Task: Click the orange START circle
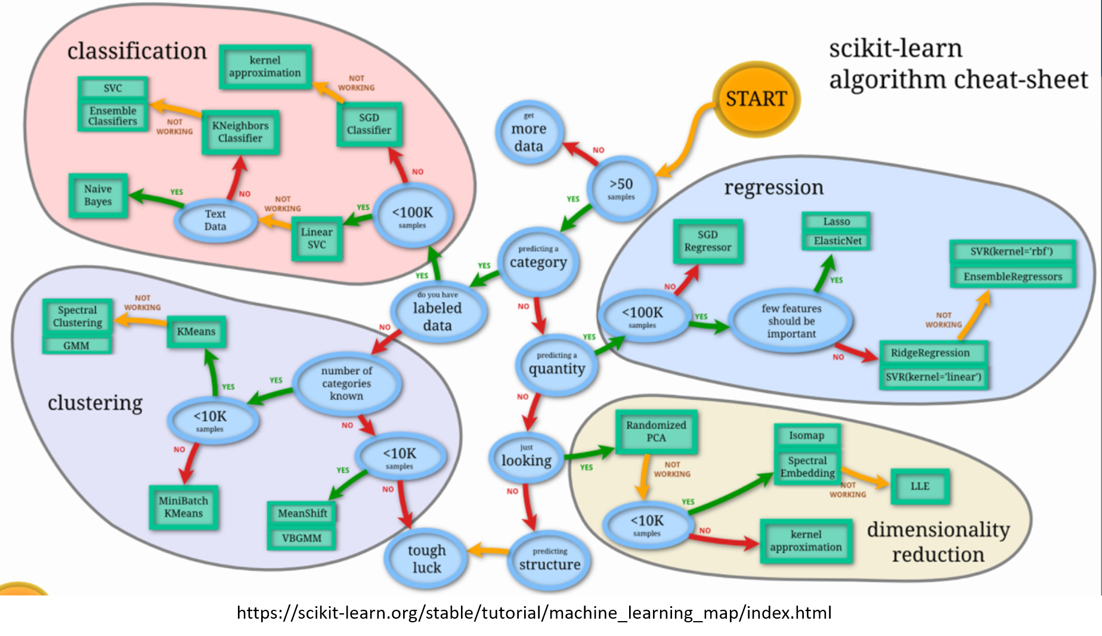coord(756,99)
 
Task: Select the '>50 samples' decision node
coord(621,188)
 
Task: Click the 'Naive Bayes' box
coord(98,196)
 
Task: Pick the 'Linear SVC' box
coord(317,238)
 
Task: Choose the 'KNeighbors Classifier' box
coord(240,132)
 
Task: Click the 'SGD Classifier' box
coord(369,124)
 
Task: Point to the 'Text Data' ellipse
coord(215,220)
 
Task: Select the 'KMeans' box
coord(196,331)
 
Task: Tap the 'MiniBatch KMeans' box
coord(184,507)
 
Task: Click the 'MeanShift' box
coord(302,513)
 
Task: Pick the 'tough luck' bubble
coord(426,559)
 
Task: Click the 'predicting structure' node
coord(549,560)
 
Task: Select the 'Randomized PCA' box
coord(656,432)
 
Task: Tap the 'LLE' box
coord(920,486)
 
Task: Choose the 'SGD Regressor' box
coord(708,241)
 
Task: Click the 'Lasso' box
coord(836,222)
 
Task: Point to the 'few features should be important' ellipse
coord(791,321)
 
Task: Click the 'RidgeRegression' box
coord(930,353)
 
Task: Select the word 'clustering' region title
coord(95,403)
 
